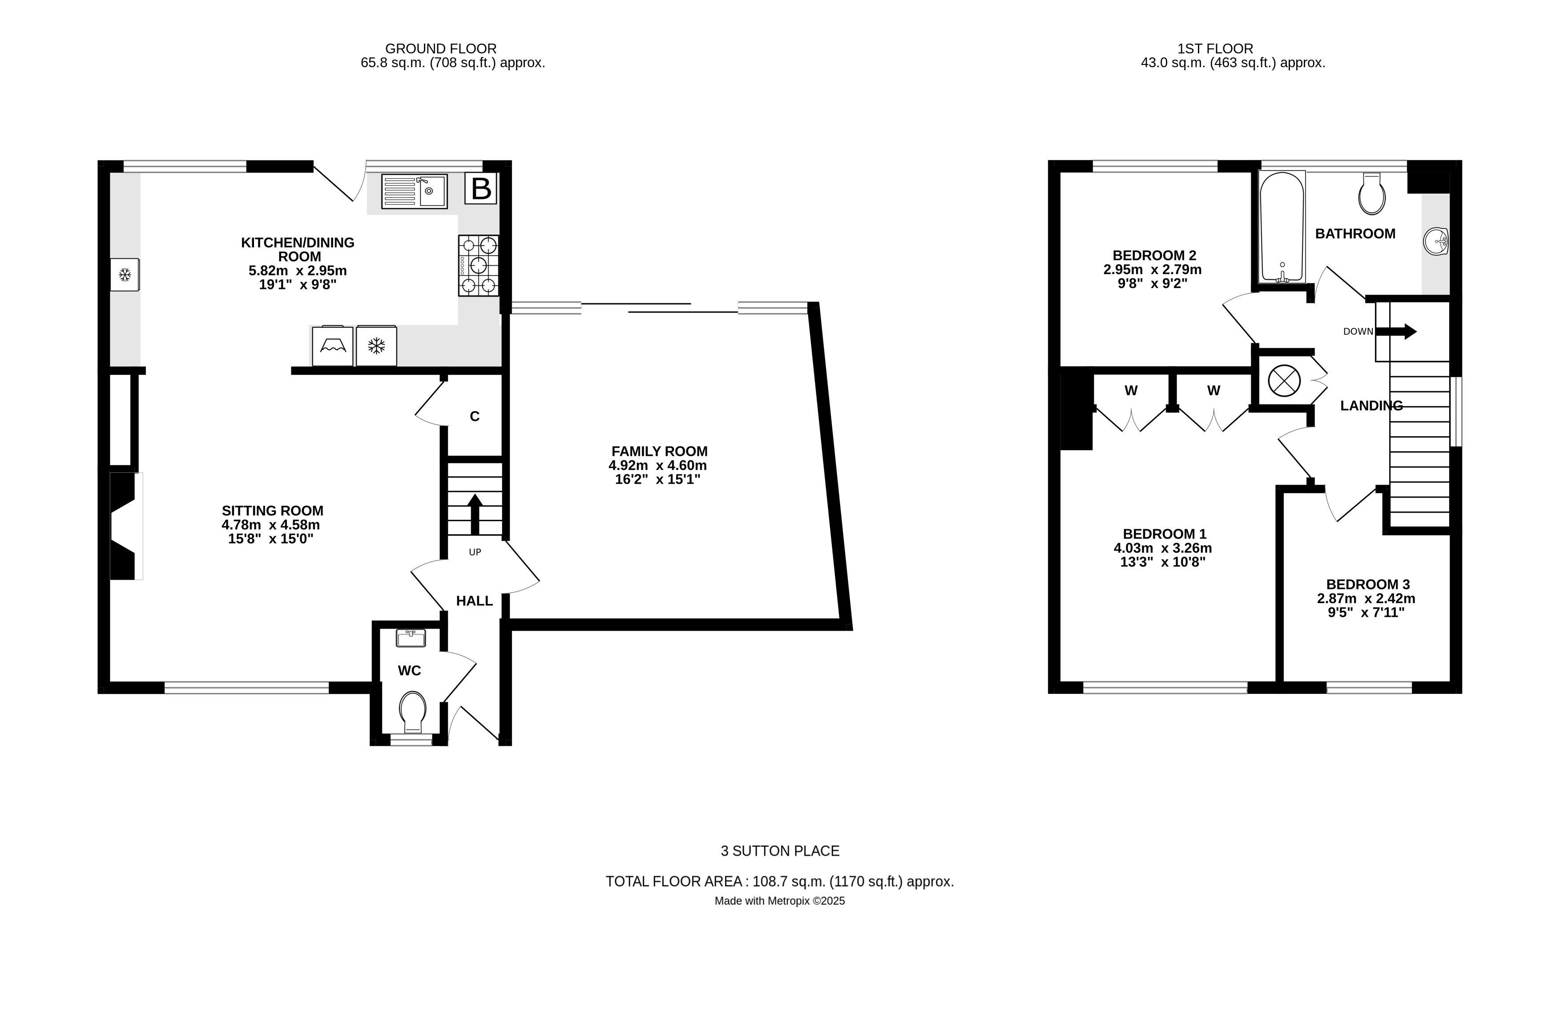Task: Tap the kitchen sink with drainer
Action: coord(414,191)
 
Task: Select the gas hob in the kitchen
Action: coord(479,266)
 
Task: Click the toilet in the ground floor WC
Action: coord(412,712)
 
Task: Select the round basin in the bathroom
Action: coord(1435,241)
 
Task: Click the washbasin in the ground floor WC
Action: coord(411,638)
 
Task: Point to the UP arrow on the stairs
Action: coord(475,515)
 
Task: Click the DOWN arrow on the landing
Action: coord(1395,331)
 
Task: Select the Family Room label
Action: coord(659,451)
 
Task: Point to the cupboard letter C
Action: coord(475,417)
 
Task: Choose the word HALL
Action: coord(475,600)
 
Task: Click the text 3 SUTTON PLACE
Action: coord(780,851)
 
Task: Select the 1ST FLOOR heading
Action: coord(1215,49)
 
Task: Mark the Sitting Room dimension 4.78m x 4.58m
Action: coord(271,525)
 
